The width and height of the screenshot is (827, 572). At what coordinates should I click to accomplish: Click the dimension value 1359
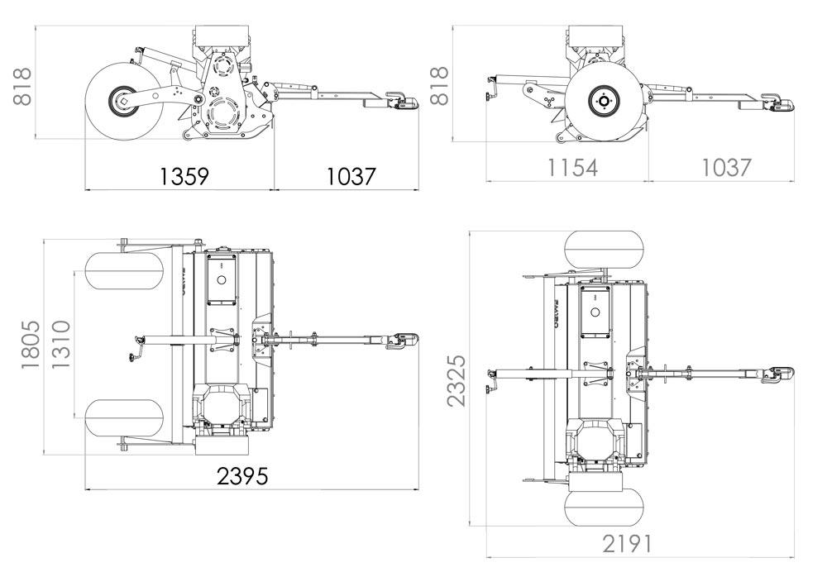[x=184, y=175]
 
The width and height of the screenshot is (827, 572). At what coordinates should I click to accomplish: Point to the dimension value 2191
[x=627, y=543]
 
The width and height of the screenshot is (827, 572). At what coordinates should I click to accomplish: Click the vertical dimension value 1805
[x=31, y=344]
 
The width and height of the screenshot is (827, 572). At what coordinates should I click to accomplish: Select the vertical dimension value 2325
[x=456, y=381]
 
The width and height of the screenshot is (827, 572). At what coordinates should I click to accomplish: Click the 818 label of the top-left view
[x=22, y=85]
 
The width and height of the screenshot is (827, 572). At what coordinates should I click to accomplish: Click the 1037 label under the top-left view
[x=351, y=175]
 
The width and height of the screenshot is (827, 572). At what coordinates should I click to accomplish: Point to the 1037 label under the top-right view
[x=726, y=166]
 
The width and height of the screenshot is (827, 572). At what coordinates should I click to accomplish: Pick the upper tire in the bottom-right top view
[x=605, y=250]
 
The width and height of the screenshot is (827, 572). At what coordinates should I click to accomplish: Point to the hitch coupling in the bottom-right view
[x=779, y=374]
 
